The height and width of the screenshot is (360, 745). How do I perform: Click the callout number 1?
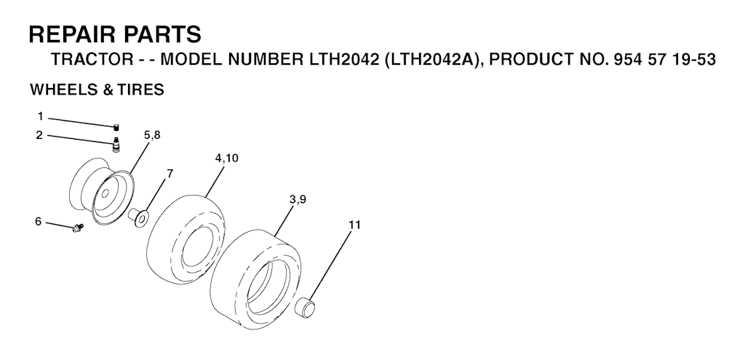(x=41, y=116)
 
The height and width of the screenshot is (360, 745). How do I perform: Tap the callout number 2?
(x=39, y=135)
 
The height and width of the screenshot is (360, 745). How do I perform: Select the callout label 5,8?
(x=152, y=135)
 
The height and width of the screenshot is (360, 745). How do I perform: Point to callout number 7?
(x=170, y=174)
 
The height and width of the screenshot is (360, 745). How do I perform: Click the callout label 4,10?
(x=227, y=158)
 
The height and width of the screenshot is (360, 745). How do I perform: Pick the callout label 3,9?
(x=298, y=200)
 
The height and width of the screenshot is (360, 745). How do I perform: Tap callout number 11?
(x=354, y=225)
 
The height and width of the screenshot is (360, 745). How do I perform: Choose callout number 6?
(x=38, y=222)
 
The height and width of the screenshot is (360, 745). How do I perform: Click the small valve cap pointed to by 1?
(x=116, y=127)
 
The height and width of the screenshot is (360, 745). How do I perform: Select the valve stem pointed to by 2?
(x=116, y=145)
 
